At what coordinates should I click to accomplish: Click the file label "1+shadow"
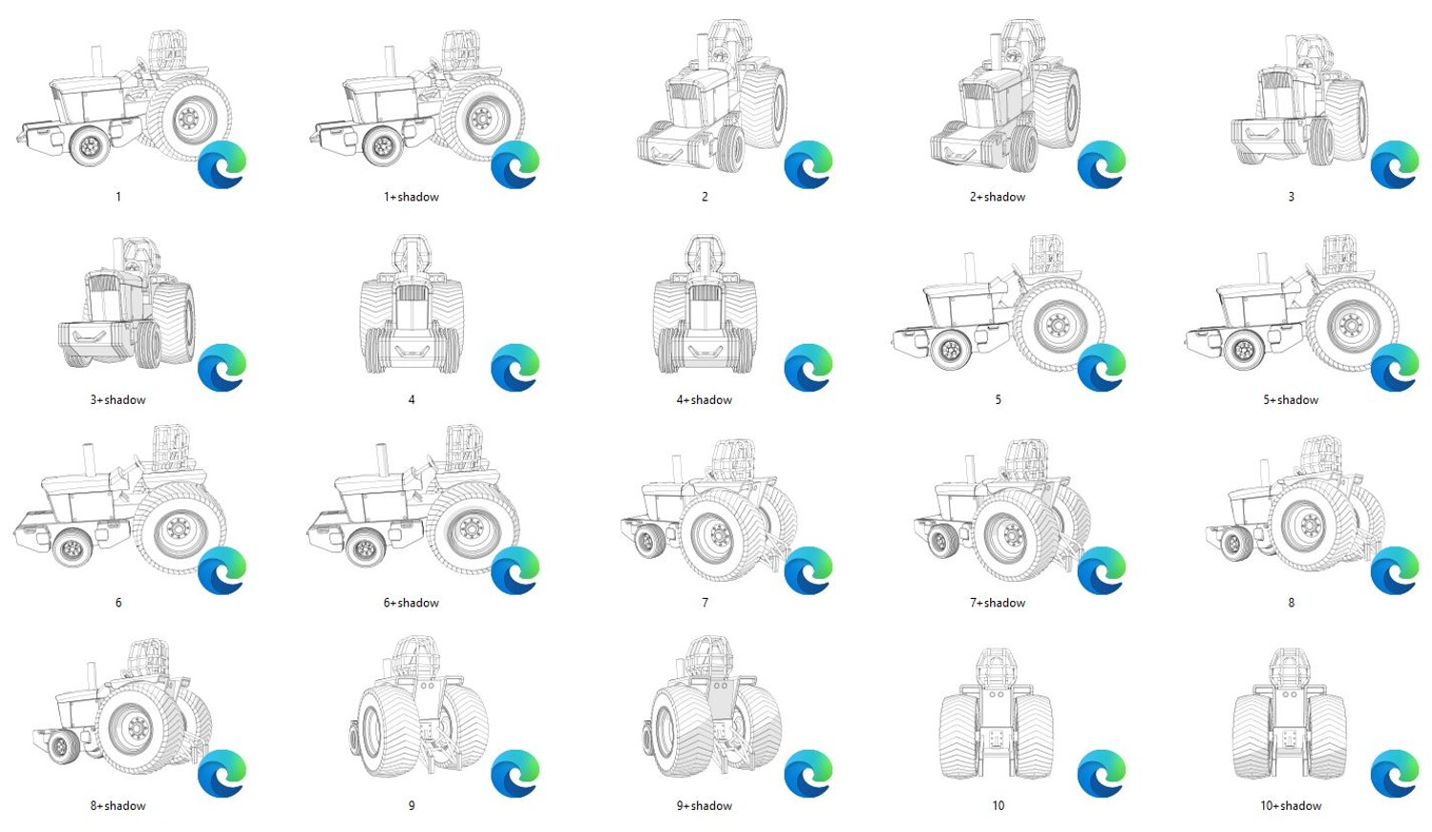pos(411,197)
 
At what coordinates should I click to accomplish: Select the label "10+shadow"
pos(1291,806)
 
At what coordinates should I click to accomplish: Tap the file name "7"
pos(705,603)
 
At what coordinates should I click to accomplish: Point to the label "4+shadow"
pos(705,399)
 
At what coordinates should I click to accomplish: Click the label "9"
pos(411,806)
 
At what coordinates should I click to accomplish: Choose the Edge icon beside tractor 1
pos(221,165)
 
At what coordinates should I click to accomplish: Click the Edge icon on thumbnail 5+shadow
pos(1395,368)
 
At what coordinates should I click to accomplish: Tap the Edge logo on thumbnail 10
pos(1102,774)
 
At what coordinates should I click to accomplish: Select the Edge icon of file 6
pos(221,570)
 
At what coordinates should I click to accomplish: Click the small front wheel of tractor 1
pos(91,146)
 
